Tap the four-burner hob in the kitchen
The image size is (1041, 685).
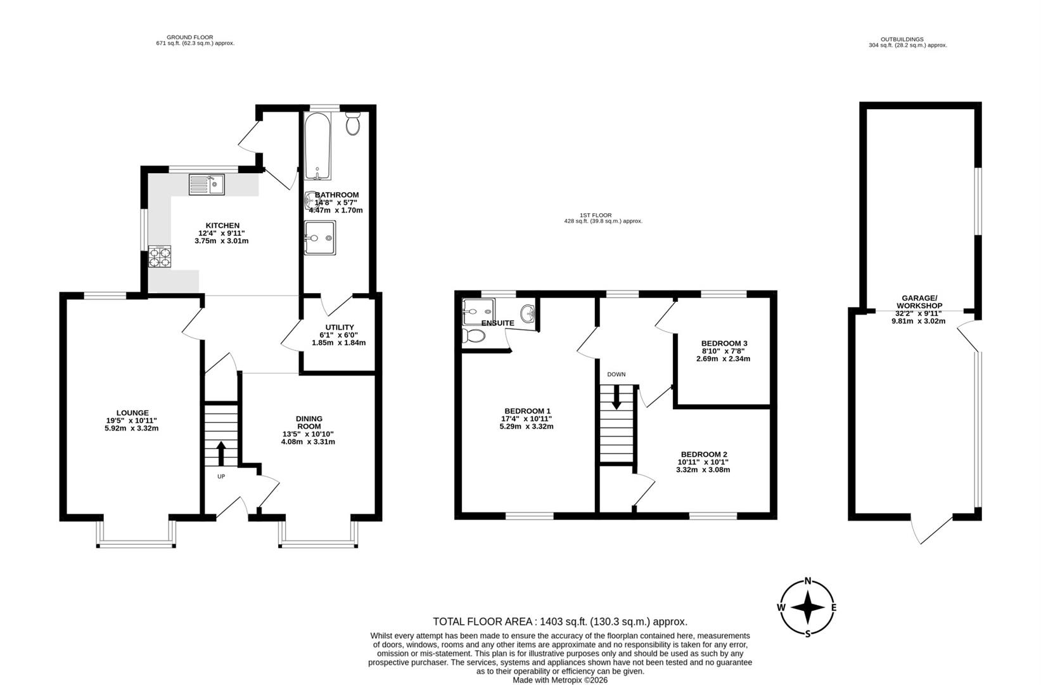[x=160, y=257]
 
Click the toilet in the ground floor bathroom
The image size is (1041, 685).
[x=353, y=124]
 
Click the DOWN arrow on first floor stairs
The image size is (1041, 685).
[x=616, y=398]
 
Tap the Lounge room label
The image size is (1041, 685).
[x=132, y=413]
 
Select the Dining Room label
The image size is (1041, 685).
[x=309, y=422]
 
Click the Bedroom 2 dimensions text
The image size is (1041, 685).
[x=703, y=470]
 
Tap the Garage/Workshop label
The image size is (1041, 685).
[x=919, y=302]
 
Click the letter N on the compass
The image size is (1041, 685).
[x=808, y=580]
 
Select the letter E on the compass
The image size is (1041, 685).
[x=834, y=608]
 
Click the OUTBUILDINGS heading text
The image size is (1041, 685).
[x=907, y=39]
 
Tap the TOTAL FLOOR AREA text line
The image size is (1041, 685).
[x=559, y=622]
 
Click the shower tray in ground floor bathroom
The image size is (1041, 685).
[x=319, y=238]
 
